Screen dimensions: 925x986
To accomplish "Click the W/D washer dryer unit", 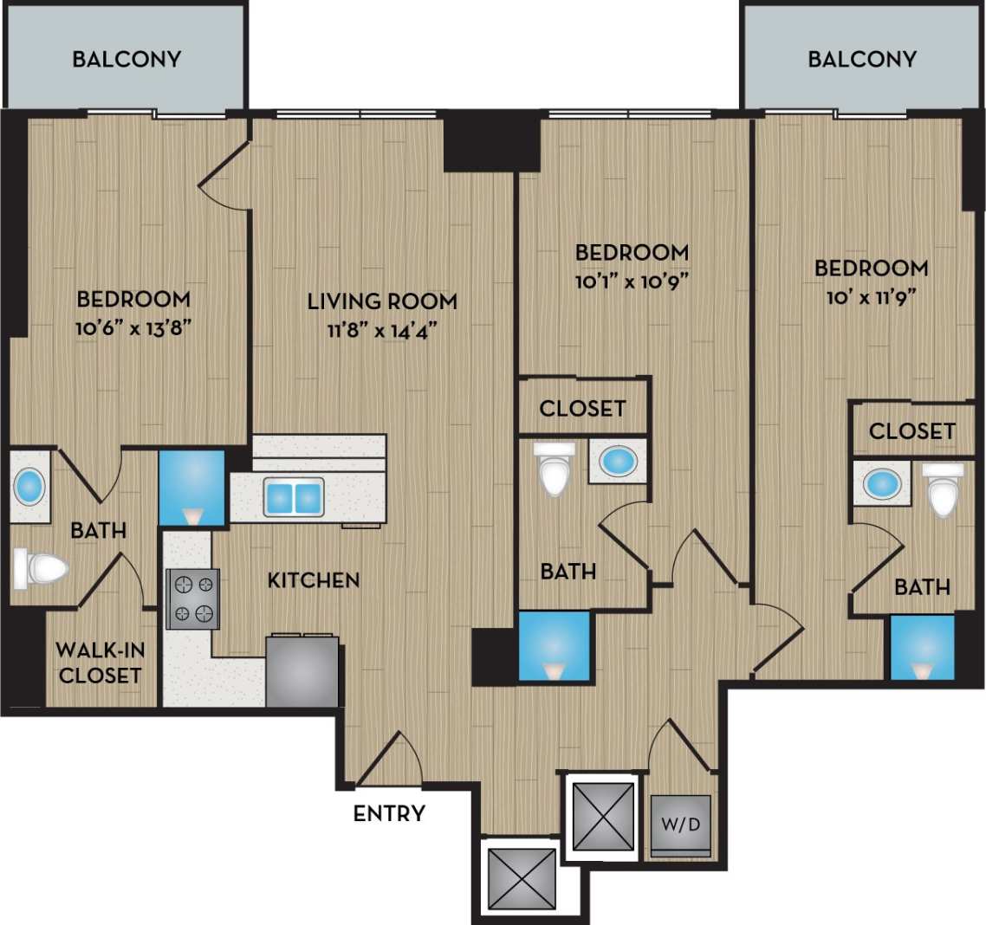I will pos(681,825).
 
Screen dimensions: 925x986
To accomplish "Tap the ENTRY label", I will pos(389,813).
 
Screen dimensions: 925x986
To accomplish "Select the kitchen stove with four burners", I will pos(192,598).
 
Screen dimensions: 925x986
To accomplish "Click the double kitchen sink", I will pos(295,497).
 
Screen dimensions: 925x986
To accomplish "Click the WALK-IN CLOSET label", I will pos(100,663).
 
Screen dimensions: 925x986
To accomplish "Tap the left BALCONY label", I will pos(126,59).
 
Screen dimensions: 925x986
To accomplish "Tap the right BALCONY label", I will pos(862,59).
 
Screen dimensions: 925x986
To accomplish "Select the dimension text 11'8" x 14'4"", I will pos(382,330).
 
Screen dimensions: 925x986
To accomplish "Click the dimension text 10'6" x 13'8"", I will pos(133,328).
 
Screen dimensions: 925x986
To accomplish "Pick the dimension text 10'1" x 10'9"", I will pos(632,281).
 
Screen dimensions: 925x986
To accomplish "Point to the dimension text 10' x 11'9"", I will pos(871,297).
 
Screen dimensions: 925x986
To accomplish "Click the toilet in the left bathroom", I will pos(41,568).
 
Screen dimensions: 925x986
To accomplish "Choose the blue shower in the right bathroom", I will pos(923,648).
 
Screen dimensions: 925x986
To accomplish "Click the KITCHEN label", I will pos(314,579).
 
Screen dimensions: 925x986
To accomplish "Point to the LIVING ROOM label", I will pos(382,301).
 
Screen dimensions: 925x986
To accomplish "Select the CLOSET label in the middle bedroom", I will pos(582,408).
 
